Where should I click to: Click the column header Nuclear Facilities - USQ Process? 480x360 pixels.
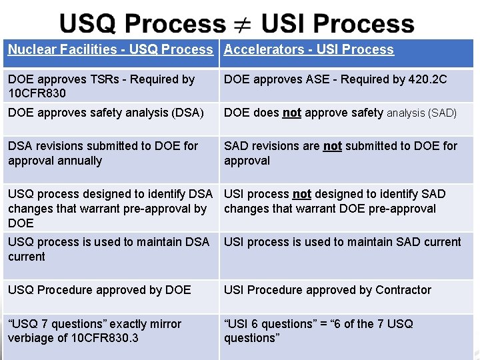(111, 49)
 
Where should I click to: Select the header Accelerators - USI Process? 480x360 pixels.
(309, 49)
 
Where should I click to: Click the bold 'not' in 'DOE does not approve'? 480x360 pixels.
(292, 113)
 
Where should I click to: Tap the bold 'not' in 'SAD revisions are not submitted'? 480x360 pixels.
(332, 146)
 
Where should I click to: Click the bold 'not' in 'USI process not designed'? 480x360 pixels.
(302, 194)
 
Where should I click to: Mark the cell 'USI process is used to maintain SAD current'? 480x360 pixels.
(343, 242)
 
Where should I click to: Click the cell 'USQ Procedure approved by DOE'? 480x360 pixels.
(99, 290)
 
